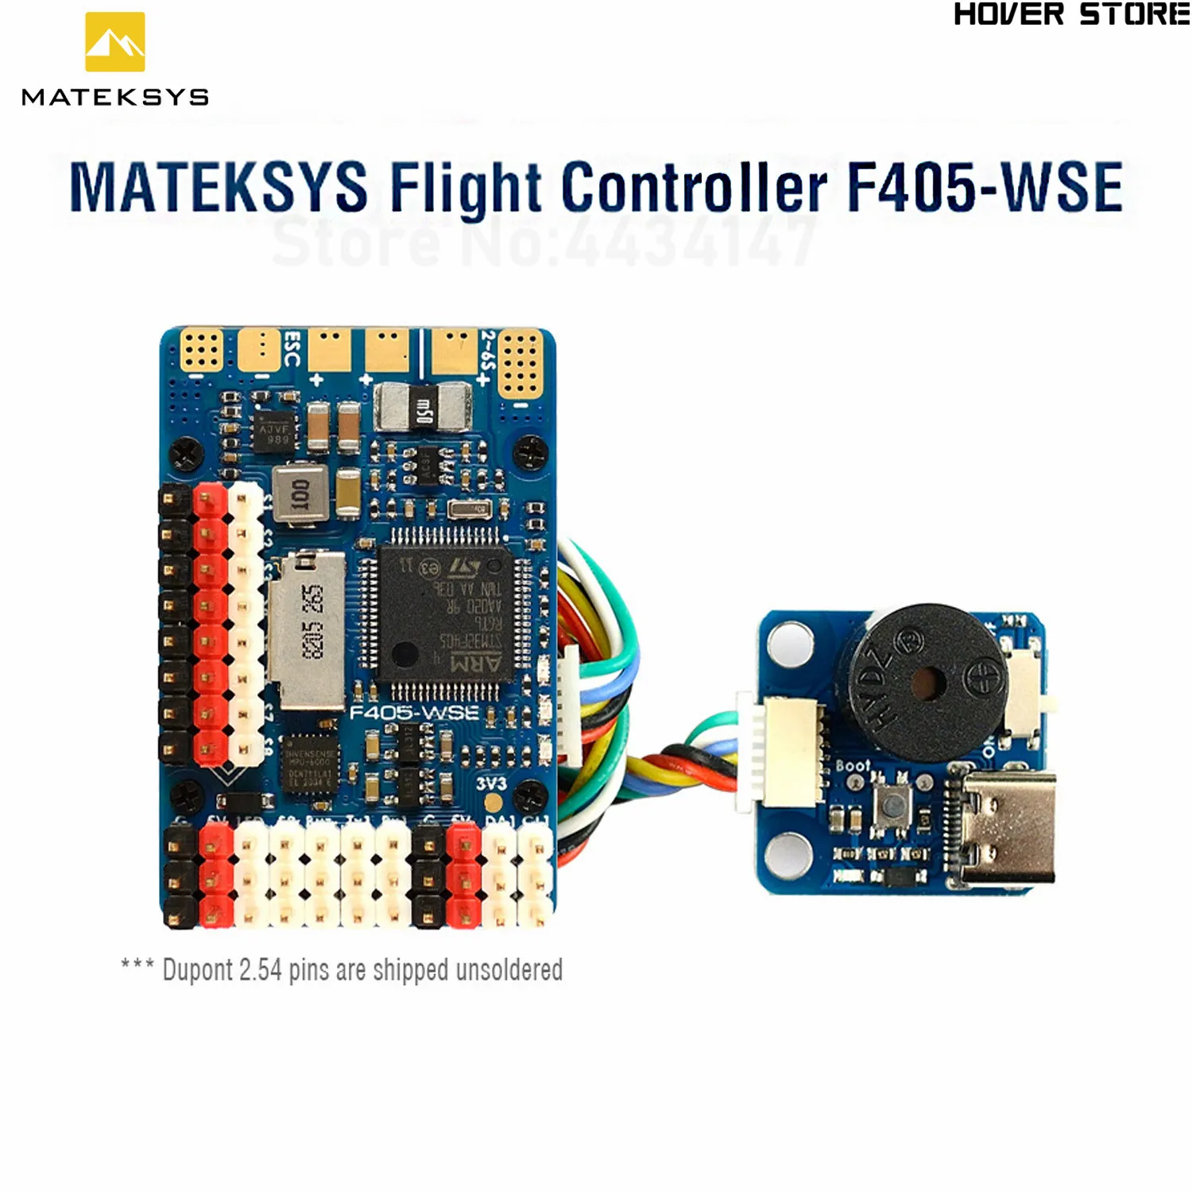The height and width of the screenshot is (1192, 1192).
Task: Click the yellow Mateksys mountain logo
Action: [115, 42]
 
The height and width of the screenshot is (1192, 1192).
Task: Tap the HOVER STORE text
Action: [1070, 15]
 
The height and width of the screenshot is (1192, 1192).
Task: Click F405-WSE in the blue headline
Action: [985, 188]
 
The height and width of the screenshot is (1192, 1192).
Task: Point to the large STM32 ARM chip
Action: [445, 616]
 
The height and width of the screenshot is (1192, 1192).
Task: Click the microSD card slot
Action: [308, 628]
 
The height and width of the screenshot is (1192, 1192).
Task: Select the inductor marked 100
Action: [300, 493]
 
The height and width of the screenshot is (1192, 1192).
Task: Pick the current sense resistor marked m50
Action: [423, 407]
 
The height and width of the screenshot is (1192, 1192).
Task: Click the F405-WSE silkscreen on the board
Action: [414, 712]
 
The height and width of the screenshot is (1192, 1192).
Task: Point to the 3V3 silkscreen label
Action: [491, 784]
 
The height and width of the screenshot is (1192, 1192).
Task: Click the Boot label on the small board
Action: [853, 766]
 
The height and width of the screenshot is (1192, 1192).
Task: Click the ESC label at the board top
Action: [292, 350]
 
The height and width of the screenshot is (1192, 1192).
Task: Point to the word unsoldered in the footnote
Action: [509, 970]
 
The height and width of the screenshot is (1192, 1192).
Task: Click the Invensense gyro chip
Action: [310, 764]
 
